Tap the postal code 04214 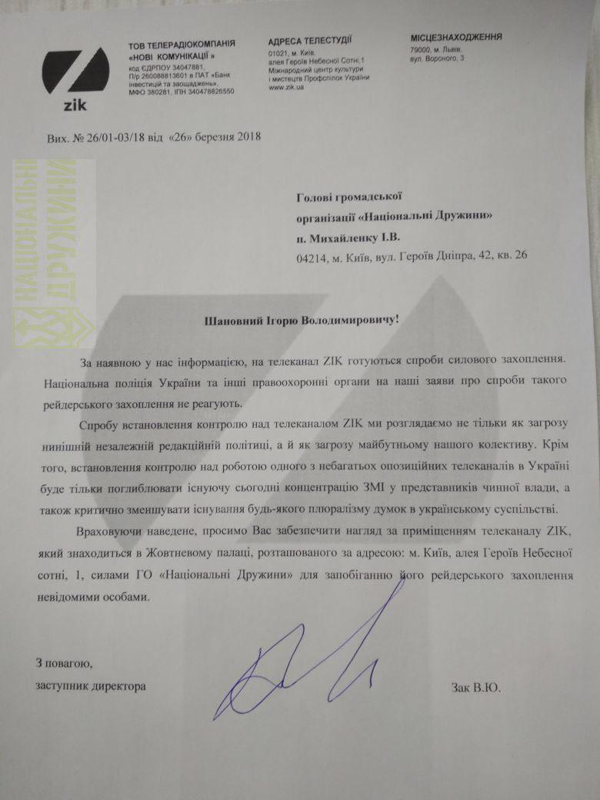[x=311, y=255]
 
